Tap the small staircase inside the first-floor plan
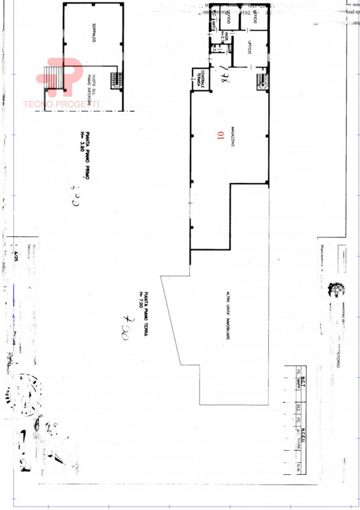coord(116,80)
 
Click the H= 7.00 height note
coord(140,296)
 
